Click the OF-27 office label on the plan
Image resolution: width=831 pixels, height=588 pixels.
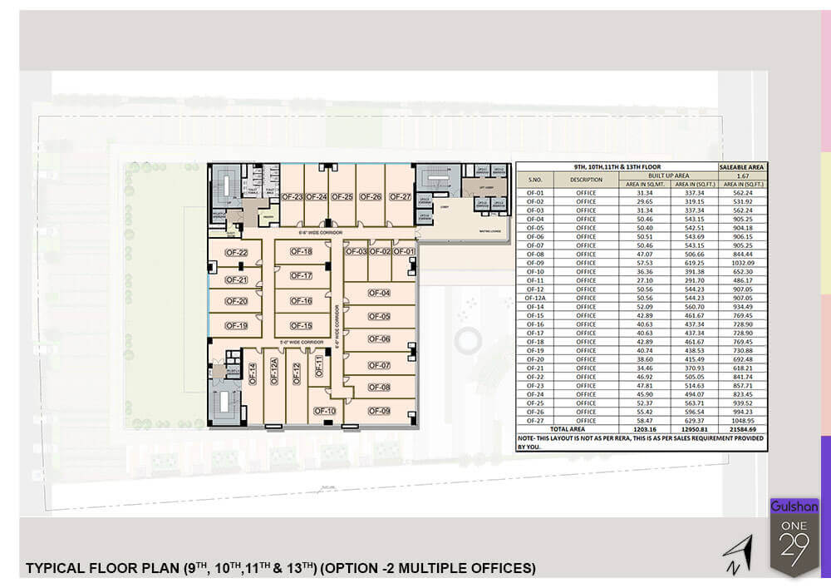[400, 197]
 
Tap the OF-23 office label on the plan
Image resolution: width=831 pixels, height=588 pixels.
[291, 197]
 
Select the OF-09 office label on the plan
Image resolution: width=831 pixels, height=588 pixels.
[379, 411]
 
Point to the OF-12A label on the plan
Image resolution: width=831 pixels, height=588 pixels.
[273, 372]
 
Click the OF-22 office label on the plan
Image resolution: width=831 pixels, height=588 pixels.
[237, 253]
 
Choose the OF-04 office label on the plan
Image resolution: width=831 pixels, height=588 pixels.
[379, 293]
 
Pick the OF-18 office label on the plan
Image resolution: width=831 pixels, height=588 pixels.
[301, 252]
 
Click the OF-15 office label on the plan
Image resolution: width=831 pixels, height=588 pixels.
[301, 326]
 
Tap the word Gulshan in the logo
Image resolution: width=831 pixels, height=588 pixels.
[794, 506]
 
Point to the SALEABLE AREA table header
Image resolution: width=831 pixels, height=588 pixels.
[744, 167]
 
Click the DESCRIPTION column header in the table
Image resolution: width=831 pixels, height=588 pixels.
[587, 179]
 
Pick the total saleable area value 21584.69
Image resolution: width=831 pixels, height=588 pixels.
[744, 428]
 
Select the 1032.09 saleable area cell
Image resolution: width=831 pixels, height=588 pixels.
[744, 263]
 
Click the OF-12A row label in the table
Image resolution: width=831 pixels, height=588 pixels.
[534, 298]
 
